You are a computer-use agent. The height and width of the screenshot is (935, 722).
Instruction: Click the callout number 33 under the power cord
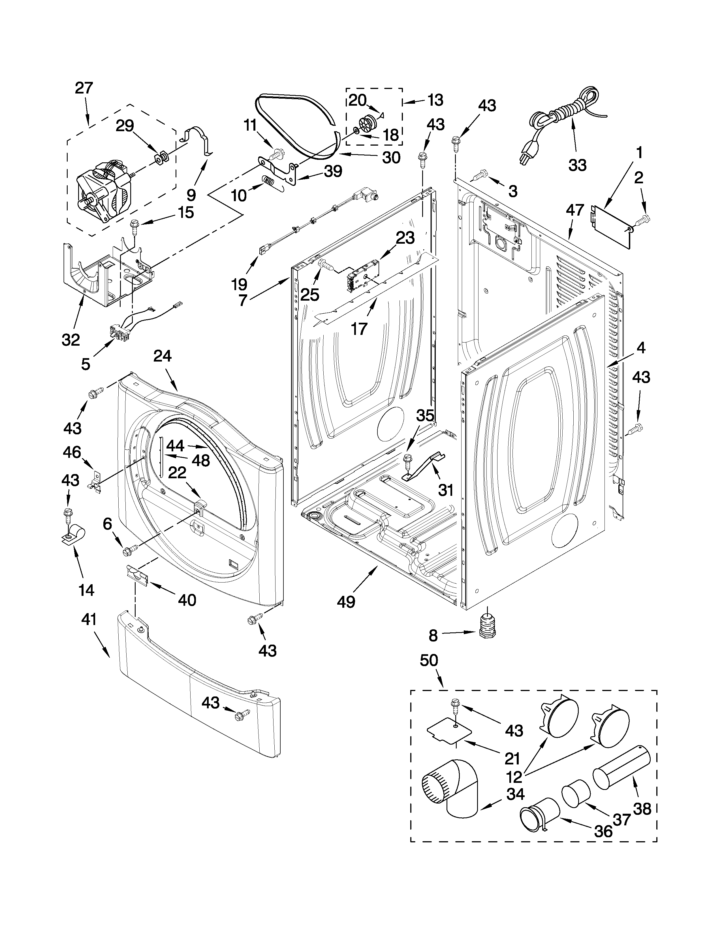coord(577,165)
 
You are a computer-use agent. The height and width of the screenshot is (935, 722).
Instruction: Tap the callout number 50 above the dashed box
coord(429,660)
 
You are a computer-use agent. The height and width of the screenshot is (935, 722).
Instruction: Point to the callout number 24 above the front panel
coord(162,356)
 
